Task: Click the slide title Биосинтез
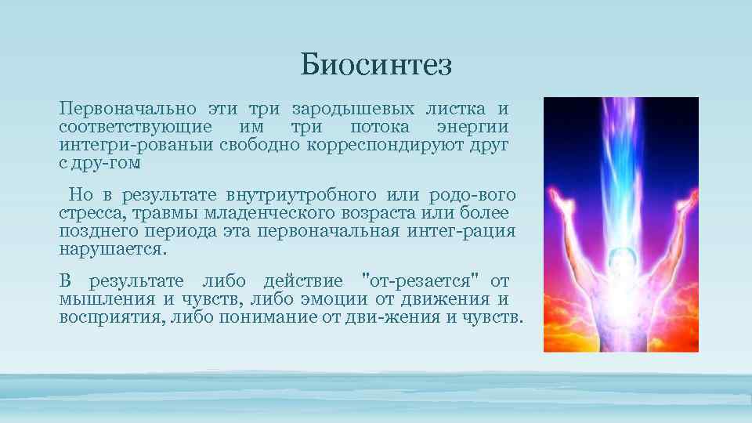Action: tap(376, 65)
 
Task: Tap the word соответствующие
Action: tap(134, 127)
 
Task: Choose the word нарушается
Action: tap(113, 250)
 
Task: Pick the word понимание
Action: tap(271, 317)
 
